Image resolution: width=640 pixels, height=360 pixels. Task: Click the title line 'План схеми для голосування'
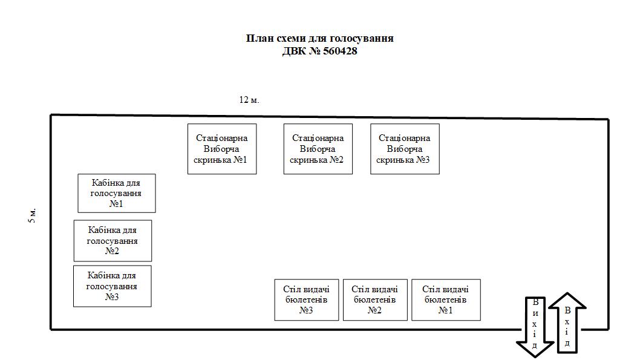coord(320,38)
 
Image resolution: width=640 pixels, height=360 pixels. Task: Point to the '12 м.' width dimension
coord(249,100)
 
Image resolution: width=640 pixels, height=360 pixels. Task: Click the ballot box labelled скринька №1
coord(221,149)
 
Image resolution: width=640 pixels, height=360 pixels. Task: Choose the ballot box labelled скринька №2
coord(318,149)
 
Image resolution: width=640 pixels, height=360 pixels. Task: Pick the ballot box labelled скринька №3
coord(405,149)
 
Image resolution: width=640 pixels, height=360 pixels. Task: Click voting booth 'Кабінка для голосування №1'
coord(116,193)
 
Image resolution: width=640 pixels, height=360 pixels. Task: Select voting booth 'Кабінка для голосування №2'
coord(113,240)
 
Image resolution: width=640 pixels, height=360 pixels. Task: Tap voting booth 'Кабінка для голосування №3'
coord(112,286)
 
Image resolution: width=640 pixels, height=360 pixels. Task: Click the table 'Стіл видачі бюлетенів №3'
coord(306,299)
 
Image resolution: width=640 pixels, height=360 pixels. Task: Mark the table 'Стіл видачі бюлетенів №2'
coord(375,299)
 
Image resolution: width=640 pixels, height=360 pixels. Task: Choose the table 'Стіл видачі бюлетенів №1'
coord(446,299)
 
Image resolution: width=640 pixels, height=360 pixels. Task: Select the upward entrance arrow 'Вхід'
coord(567,324)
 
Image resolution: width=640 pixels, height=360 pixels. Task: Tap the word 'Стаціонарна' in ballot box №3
coord(405,139)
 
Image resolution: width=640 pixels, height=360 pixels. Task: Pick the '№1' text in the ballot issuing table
coord(446,310)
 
